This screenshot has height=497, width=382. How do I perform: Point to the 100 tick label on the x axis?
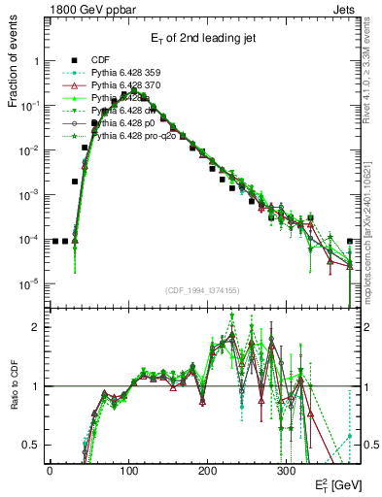(128, 469)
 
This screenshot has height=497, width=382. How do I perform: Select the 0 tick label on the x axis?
(50, 469)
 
